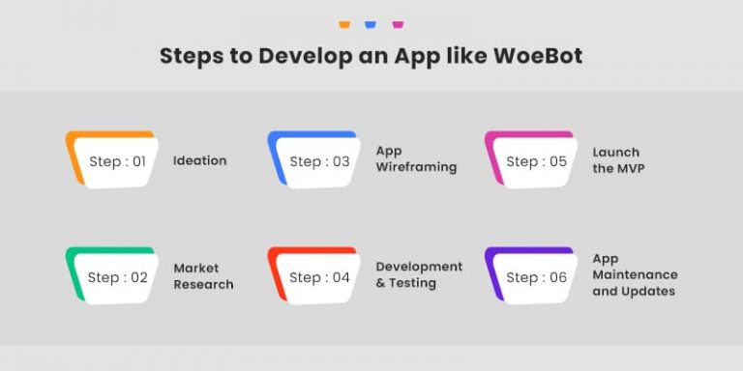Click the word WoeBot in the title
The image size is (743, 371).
tap(537, 56)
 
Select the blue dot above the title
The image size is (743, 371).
tap(371, 24)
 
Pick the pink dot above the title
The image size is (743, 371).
tap(397, 24)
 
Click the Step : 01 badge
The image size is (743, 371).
tap(115, 160)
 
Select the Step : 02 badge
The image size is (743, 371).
tap(115, 276)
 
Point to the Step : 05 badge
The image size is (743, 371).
tap(534, 160)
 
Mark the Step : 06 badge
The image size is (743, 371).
tap(534, 276)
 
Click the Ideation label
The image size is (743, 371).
tap(199, 160)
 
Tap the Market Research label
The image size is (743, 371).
tap(203, 276)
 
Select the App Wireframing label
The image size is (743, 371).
tap(416, 159)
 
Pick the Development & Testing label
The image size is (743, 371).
tap(419, 275)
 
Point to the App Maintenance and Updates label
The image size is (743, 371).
tap(635, 275)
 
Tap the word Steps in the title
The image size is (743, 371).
tap(191, 56)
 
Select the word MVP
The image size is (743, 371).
tap(631, 169)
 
